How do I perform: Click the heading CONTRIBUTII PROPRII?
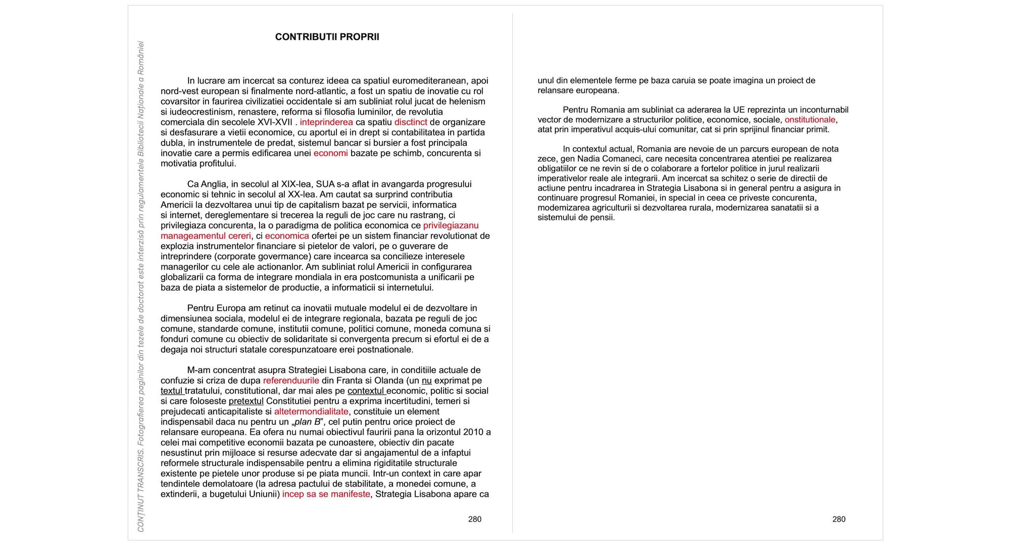[327, 37]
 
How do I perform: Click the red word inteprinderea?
[326, 122]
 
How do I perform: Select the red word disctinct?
[411, 122]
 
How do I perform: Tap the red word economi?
[331, 153]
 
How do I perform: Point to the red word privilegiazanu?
[451, 225]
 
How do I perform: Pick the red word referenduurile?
[291, 381]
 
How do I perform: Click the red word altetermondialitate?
[311, 411]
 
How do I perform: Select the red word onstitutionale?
[810, 120]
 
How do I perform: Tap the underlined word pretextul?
[246, 401]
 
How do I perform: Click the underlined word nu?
[427, 381]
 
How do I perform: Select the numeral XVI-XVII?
[275, 122]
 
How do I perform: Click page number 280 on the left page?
[475, 519]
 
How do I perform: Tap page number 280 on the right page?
[839, 519]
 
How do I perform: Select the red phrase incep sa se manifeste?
[326, 494]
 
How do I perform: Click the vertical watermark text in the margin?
[141, 286]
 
